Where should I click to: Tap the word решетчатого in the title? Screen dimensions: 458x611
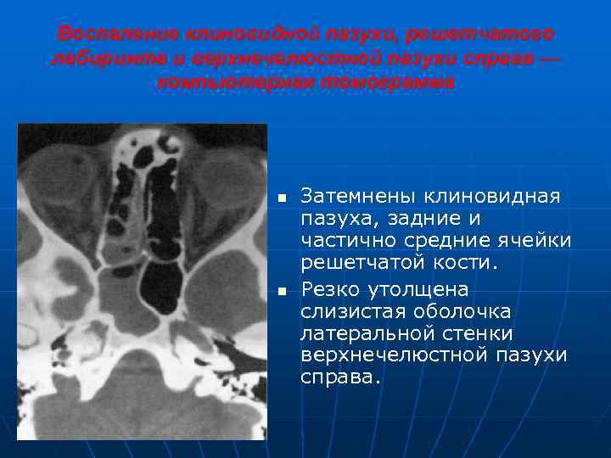point(481,34)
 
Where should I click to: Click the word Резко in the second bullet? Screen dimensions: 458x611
point(334,288)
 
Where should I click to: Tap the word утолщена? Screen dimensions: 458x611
point(422,288)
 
